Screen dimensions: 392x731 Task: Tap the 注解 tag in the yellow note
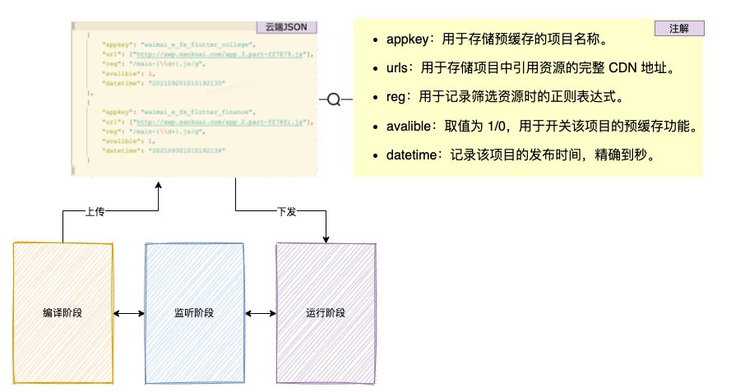[x=679, y=29]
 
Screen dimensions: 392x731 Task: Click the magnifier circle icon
[x=334, y=99]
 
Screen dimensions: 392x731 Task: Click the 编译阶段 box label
[x=62, y=313]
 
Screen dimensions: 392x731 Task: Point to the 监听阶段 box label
[x=194, y=313]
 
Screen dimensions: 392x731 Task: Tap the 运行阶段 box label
[x=326, y=313]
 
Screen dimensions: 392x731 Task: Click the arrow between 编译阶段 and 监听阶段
[x=128, y=313]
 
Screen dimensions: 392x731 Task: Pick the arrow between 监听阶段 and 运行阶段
[x=260, y=313]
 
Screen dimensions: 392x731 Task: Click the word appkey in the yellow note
[x=404, y=39]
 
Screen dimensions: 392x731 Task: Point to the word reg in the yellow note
[x=396, y=97]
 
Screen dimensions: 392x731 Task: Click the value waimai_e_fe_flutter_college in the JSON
[x=198, y=43]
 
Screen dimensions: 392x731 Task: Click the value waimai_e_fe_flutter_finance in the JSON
[x=198, y=111]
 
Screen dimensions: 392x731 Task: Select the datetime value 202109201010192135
[x=186, y=84]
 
